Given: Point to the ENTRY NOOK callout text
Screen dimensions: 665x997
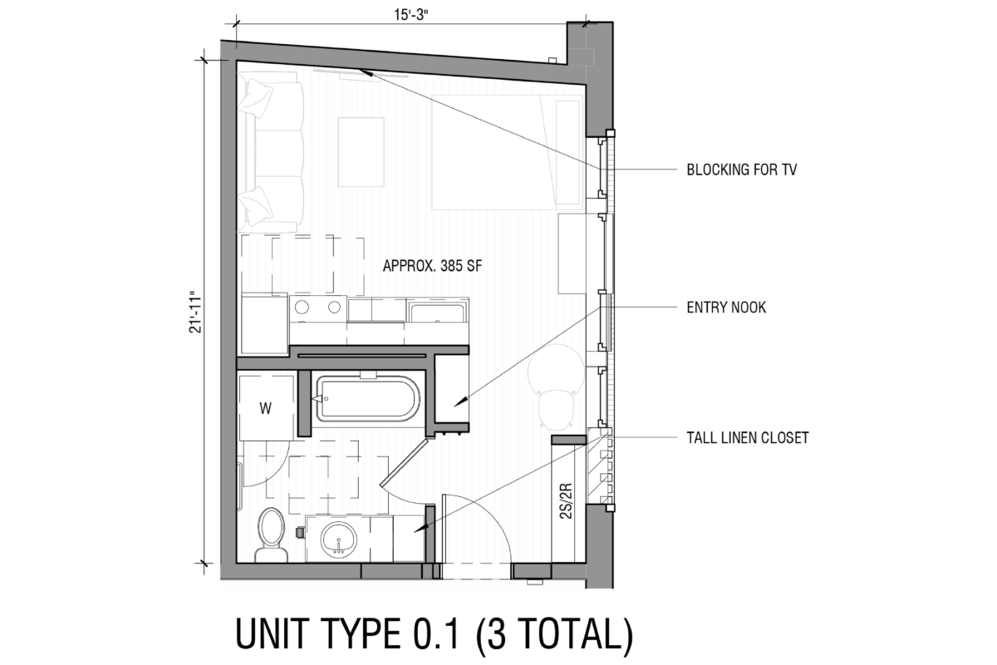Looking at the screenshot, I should pyautogui.click(x=725, y=308).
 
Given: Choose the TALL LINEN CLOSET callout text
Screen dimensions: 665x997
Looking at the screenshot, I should pyautogui.click(x=747, y=437).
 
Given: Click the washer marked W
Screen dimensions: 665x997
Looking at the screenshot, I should pyautogui.click(x=265, y=408).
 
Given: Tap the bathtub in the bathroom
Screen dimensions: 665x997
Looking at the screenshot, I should pyautogui.click(x=366, y=400).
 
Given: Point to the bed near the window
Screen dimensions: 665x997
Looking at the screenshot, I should pyautogui.click(x=498, y=150).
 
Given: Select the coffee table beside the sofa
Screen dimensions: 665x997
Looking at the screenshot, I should pyautogui.click(x=361, y=152).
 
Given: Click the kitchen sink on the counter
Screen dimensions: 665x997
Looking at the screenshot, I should pyautogui.click(x=439, y=313).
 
